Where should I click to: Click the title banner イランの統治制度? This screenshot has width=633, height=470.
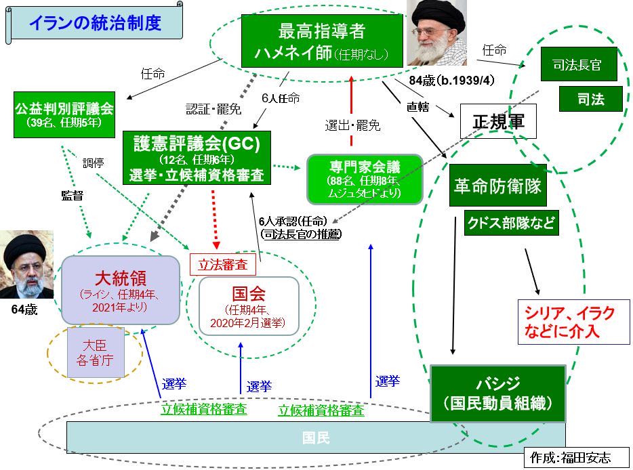tap(95, 24)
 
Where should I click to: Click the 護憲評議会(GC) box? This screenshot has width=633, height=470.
tap(197, 158)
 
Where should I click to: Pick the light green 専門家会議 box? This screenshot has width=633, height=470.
tap(365, 178)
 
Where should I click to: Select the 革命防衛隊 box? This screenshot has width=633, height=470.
tap(497, 186)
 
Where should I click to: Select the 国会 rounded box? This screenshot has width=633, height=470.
tap(248, 305)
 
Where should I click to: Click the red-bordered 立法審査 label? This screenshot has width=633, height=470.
tap(222, 264)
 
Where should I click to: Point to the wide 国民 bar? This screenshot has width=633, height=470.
tap(315, 437)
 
